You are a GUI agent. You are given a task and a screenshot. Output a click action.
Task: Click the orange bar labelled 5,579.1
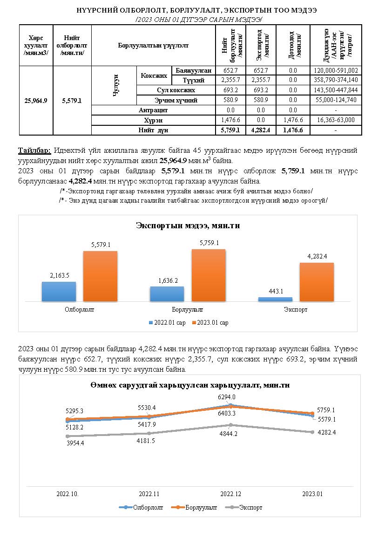tap(100, 276)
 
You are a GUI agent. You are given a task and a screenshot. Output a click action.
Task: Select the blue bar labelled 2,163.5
tap(59, 291)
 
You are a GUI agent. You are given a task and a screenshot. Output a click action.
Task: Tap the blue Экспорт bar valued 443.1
tap(275, 299)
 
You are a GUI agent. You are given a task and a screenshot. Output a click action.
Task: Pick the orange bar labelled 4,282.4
tap(317, 282)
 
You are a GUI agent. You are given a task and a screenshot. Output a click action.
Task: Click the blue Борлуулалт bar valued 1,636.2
tap(167, 293)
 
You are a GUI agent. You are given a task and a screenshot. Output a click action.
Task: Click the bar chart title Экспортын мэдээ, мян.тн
tap(188, 225)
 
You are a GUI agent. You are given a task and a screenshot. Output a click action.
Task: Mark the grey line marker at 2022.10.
tap(68, 436)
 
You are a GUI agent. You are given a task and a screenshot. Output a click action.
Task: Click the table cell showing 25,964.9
tap(36, 100)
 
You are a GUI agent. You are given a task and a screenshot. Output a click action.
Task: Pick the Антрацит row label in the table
tap(153, 110)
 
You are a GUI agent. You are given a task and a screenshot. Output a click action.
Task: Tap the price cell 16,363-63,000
tap(335, 120)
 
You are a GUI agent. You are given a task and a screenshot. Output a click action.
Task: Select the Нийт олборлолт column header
tap(72, 46)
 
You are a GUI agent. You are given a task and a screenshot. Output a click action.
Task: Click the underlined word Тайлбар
tap(34, 151)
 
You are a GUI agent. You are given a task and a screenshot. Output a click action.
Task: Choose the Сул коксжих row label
tap(176, 90)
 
